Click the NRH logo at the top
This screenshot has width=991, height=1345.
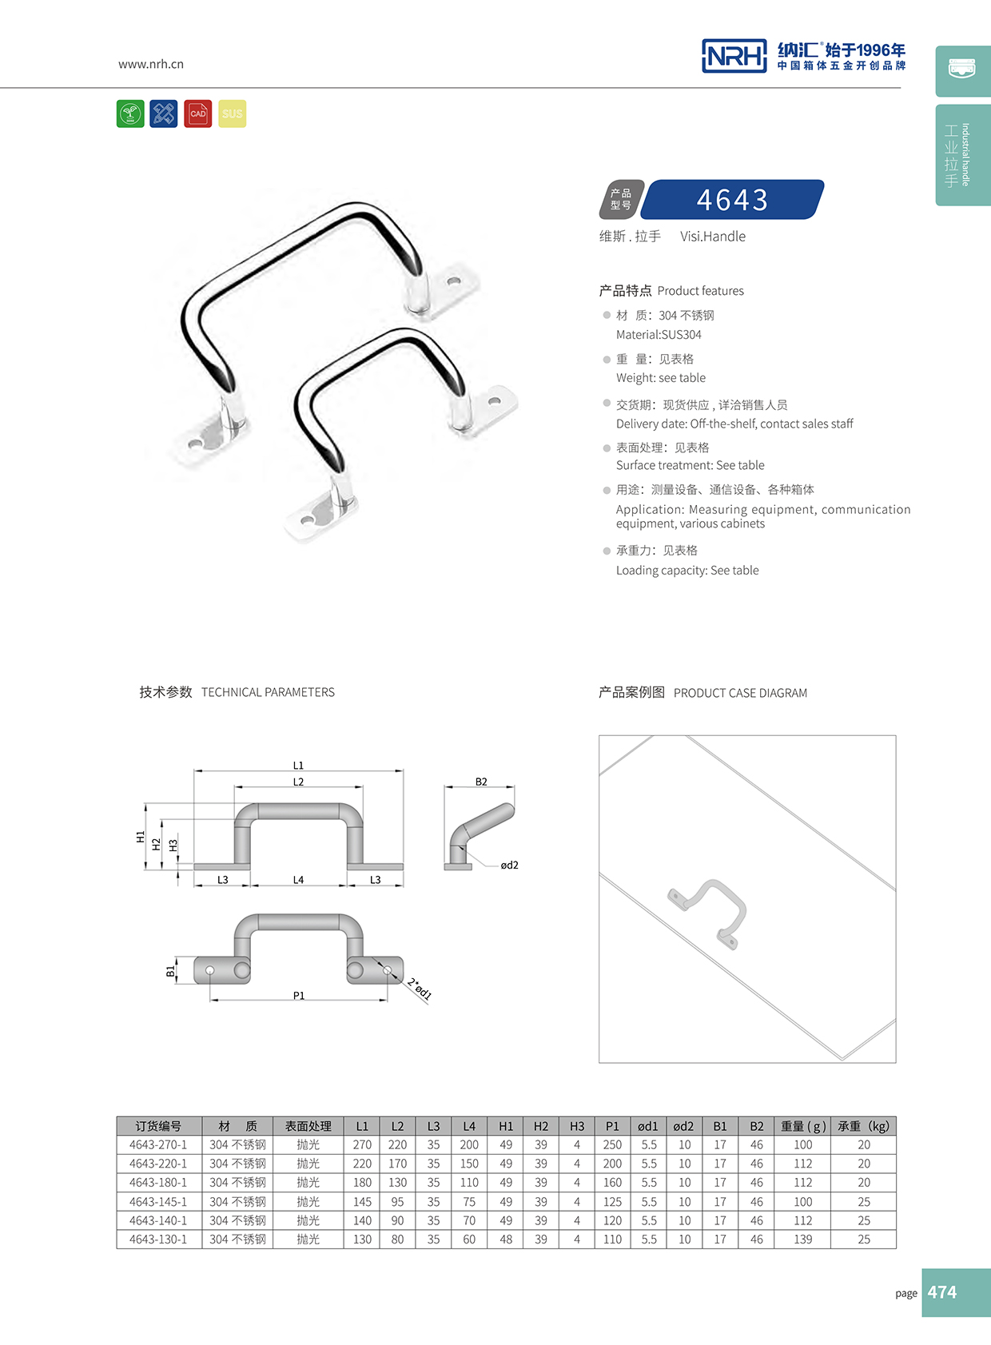point(734,56)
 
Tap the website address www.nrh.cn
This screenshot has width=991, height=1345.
point(151,64)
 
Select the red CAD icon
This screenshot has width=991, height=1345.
point(198,113)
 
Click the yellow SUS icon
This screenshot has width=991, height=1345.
point(232,113)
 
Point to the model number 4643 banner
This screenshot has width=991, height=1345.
point(731,200)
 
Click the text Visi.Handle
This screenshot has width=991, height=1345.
point(712,237)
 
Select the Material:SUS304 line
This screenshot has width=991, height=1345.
point(659,335)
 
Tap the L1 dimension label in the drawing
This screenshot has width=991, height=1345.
point(298,766)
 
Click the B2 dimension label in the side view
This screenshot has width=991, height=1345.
point(481,782)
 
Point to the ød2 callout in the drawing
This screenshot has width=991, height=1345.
point(509,865)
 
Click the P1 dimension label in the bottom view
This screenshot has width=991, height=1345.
point(298,996)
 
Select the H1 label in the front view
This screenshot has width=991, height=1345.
point(141,837)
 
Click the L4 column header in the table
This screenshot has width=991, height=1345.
point(469,1126)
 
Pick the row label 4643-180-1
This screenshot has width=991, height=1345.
point(158,1183)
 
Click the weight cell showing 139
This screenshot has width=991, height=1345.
point(802,1240)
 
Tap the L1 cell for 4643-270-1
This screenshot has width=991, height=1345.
point(362,1145)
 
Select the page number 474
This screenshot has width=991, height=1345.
point(942,1292)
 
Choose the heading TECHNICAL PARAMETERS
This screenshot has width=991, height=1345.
point(268,692)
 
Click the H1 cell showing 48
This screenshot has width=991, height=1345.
point(506,1240)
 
